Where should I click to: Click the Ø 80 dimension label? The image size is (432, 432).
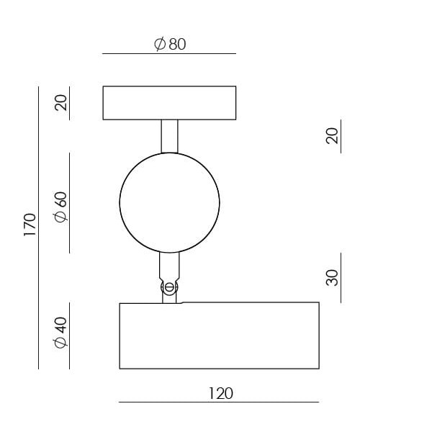click(170, 44)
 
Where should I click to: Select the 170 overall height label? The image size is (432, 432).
click(30, 225)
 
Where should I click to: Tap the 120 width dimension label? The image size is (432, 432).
click(221, 393)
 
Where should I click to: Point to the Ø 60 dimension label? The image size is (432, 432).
click(60, 207)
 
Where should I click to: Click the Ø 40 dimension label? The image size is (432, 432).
click(60, 333)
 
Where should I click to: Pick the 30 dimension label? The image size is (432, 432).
click(332, 278)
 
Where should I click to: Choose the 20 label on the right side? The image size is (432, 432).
click(332, 135)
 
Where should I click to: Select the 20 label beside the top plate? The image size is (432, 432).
click(60, 102)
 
